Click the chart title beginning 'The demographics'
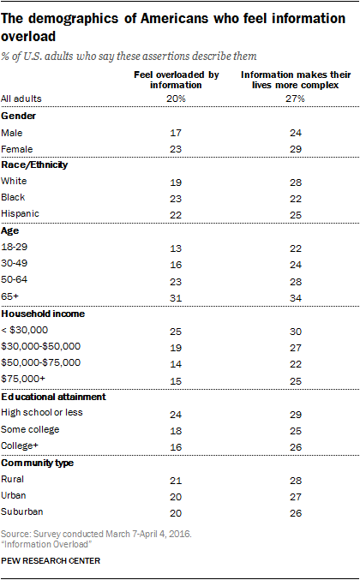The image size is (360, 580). (173, 27)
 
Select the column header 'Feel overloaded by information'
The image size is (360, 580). (176, 80)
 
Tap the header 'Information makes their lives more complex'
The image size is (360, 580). (296, 80)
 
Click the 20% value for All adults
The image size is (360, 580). (176, 99)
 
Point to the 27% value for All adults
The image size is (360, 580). (295, 99)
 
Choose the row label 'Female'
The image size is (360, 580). (17, 149)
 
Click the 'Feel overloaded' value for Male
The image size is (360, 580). (176, 133)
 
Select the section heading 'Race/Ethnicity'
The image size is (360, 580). (34, 165)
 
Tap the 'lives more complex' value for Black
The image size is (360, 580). (296, 199)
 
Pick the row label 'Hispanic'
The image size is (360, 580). (20, 213)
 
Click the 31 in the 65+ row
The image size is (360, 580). (176, 298)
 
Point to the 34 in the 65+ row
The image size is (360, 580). (296, 298)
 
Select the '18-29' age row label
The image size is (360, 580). (15, 247)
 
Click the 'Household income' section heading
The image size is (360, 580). (43, 314)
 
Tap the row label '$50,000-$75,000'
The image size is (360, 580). (40, 362)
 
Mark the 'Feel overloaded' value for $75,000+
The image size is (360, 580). (176, 381)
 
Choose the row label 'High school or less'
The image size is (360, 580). (42, 412)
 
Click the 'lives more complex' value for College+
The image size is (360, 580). (296, 447)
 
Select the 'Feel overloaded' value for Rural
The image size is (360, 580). (176, 481)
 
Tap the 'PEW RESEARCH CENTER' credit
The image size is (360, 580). (51, 561)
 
